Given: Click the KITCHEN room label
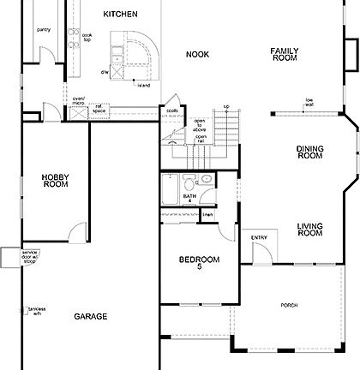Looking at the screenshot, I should tap(120, 15).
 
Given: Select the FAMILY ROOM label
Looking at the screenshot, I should tap(284, 54).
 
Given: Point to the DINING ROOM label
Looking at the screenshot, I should tap(309, 152).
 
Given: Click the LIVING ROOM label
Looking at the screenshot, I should tap(309, 229).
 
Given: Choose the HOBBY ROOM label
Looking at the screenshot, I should tap(55, 180).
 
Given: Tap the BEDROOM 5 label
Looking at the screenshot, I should tap(199, 263).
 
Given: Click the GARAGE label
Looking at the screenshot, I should tap(90, 316).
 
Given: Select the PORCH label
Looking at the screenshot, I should tap(290, 306).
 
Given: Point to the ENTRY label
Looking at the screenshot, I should tap(259, 237).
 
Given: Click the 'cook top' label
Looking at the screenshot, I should tap(87, 37).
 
